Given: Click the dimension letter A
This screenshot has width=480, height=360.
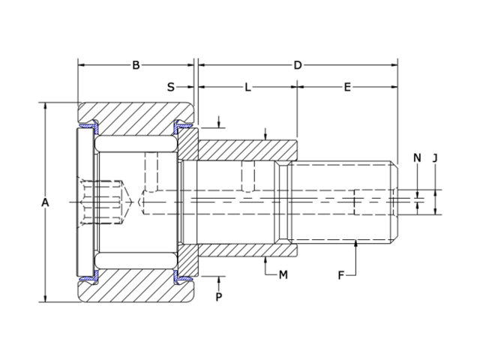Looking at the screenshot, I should pyautogui.click(x=45, y=203).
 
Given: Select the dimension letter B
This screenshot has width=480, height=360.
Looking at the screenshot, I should pyautogui.click(x=136, y=65).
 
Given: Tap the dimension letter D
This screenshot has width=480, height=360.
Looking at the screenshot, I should pyautogui.click(x=298, y=65).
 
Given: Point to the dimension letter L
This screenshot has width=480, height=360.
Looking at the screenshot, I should pyautogui.click(x=247, y=88).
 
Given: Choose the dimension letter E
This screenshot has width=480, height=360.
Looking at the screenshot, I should pyautogui.click(x=347, y=88).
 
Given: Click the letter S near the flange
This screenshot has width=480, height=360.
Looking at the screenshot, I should pyautogui.click(x=171, y=88).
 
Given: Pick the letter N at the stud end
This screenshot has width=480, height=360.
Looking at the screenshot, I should pyautogui.click(x=417, y=157).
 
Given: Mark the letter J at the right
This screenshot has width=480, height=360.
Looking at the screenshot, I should pyautogui.click(x=435, y=157).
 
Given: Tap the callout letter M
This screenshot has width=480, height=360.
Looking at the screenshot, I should pyautogui.click(x=283, y=274).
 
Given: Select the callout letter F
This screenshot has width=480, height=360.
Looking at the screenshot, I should pyautogui.click(x=340, y=275).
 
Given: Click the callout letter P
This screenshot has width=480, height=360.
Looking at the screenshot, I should pyautogui.click(x=219, y=298).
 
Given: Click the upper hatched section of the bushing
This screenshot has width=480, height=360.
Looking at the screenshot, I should pyautogui.click(x=247, y=150).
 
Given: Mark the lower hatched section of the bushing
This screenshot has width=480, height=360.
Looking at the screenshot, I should pyautogui.click(x=247, y=249).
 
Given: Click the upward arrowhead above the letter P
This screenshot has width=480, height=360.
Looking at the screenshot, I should pyautogui.click(x=219, y=279).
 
